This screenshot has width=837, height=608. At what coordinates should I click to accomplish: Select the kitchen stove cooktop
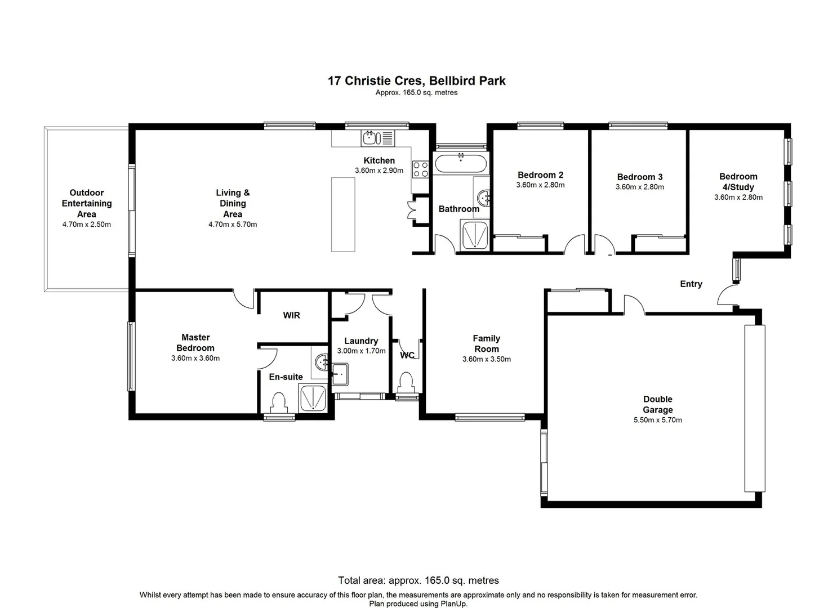pos(420,169)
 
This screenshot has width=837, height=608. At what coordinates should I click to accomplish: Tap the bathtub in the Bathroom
pos(460,164)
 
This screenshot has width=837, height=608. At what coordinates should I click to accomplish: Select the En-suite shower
pos(313,398)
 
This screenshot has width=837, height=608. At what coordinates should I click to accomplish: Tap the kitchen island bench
pos(343,214)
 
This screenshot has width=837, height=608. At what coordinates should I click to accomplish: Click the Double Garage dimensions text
pos(657,420)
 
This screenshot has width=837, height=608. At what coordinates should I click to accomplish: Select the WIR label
pos(291,315)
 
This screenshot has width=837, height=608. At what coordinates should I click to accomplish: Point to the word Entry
pos(691,284)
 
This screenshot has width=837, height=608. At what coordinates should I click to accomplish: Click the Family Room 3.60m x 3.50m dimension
pos(486,359)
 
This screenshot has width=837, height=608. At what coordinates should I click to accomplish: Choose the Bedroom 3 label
pos(639,177)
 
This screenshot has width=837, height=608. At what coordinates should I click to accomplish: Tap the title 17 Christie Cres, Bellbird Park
pos(416,81)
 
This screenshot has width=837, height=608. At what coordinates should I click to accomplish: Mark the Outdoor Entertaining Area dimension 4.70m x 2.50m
pos(86,225)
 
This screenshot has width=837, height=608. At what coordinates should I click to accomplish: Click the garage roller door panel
pos(754,409)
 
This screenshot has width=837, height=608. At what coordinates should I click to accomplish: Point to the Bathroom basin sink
pos(484,198)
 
